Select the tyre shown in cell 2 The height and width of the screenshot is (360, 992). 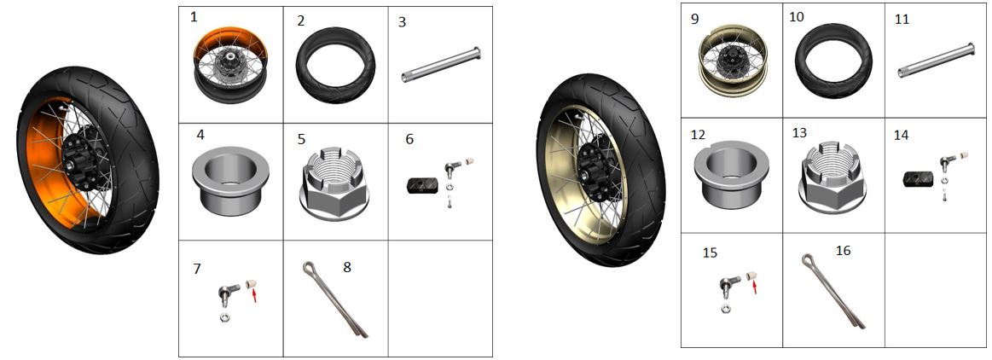click(335, 65)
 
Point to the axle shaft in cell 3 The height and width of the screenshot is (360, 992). click(441, 65)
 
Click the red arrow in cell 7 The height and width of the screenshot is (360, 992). click(254, 294)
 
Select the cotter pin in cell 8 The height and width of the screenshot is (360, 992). click(335, 299)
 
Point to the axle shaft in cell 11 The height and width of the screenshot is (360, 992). click(937, 60)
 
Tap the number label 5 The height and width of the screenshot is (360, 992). click(301, 138)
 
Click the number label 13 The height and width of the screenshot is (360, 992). click(800, 133)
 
